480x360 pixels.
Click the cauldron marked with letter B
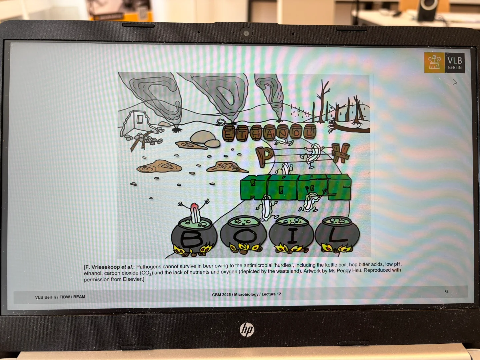pyautogui.click(x=194, y=237)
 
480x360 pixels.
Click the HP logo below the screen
pyautogui.click(x=247, y=329)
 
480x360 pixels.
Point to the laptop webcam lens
pyautogui.click(x=246, y=33)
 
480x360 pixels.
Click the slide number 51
pyautogui.click(x=446, y=292)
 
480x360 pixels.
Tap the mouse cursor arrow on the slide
pyautogui.click(x=455, y=82)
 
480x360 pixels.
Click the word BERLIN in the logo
pyautogui.click(x=455, y=68)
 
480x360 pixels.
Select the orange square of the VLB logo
pyautogui.click(x=434, y=63)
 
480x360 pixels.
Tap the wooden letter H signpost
pyautogui.click(x=340, y=153)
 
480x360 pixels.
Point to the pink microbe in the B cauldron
pyautogui.click(x=195, y=212)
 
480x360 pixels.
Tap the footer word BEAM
pyautogui.click(x=79, y=297)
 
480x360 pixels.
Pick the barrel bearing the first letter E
pyautogui.click(x=229, y=133)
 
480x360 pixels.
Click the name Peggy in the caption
pyautogui.click(x=342, y=271)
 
